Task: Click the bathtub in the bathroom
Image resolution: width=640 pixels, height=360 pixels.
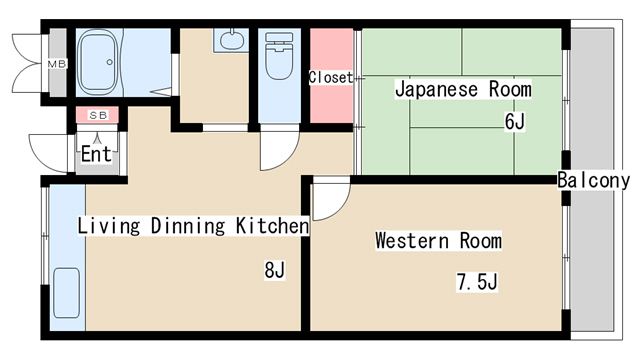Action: [97, 62]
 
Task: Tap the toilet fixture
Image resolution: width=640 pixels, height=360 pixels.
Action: [279, 56]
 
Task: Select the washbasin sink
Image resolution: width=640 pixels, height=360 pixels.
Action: [232, 40]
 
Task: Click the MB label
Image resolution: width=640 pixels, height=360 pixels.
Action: [57, 64]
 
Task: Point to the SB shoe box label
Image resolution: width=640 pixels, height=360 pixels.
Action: [98, 116]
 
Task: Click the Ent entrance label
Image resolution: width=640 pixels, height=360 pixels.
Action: [96, 154]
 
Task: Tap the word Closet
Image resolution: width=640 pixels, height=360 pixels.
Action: [331, 77]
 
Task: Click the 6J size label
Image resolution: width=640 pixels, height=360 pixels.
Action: [514, 121]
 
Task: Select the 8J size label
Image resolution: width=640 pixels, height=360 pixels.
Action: [274, 270]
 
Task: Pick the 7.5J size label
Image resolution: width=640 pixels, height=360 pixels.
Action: [477, 282]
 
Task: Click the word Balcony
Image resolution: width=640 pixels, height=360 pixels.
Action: [593, 180]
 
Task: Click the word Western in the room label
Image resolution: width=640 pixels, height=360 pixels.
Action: [412, 240]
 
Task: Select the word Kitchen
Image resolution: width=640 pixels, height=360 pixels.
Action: [272, 226]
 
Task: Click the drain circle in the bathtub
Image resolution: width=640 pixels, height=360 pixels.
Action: [109, 62]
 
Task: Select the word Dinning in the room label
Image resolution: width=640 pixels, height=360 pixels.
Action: [188, 226]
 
